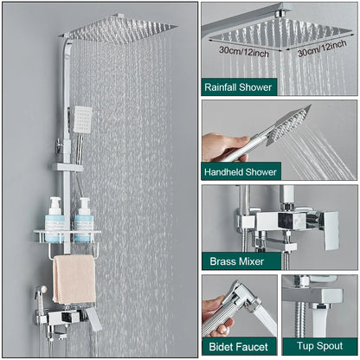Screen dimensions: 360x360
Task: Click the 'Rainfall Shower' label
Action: (x=238, y=87)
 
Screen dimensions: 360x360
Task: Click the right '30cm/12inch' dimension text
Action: (x=323, y=53)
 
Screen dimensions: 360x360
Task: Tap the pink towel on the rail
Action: (x=74, y=279)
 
